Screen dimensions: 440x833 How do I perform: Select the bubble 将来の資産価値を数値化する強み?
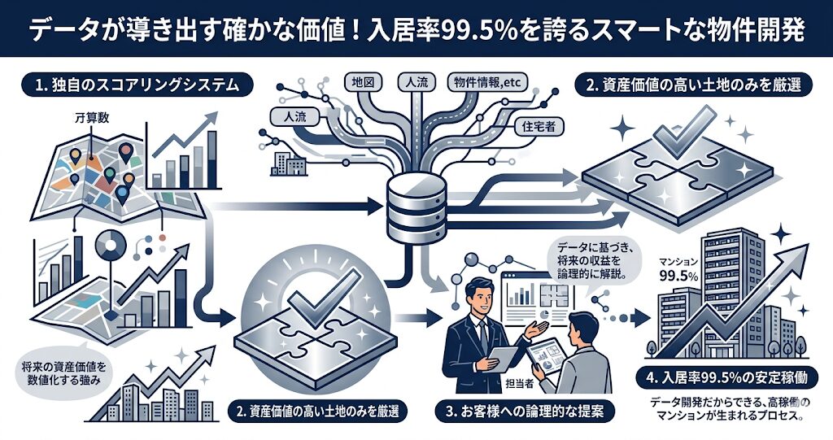pos(66,374)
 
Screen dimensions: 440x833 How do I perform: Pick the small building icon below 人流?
pos(290,163)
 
